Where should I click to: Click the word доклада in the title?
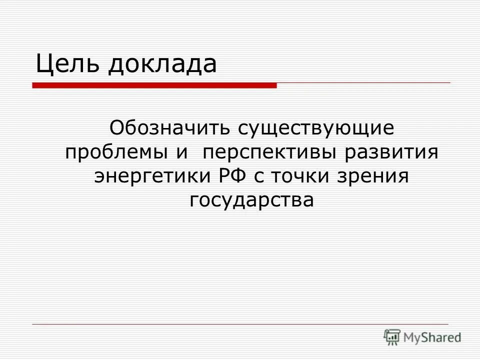point(162,64)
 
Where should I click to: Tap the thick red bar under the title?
point(154,85)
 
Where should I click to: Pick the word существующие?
point(316,128)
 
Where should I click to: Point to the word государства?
point(252,200)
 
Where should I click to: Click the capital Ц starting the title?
point(43,64)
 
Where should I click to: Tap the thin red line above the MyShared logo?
point(240,324)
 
